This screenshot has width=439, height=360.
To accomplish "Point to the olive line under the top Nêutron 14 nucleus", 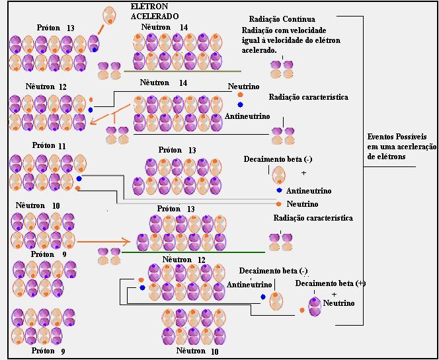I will pos(182,71).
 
